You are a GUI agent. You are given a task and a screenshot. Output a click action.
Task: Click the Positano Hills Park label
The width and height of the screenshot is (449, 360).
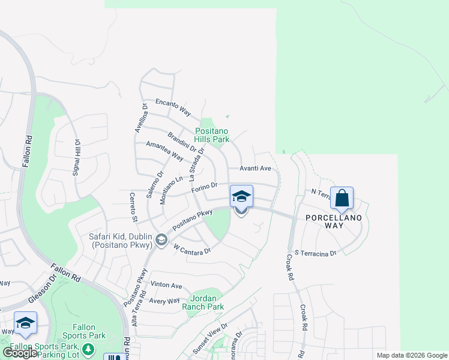[x=212, y=135]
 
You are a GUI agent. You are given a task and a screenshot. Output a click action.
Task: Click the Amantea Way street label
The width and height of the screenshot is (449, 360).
[x=164, y=150]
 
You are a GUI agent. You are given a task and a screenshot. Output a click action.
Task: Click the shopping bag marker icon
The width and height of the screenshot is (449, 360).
[x=342, y=197]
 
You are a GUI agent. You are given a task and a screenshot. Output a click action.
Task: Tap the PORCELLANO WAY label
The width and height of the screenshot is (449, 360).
[x=334, y=221]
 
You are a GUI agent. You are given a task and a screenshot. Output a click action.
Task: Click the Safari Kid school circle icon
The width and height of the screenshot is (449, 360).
[x=161, y=241]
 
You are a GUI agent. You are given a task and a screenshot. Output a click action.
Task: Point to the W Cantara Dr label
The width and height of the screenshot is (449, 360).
[x=192, y=249]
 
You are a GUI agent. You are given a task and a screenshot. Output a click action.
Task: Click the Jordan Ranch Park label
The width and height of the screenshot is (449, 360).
[x=207, y=302]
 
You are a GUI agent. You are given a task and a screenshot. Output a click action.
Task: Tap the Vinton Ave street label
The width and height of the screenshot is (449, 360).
[x=166, y=285]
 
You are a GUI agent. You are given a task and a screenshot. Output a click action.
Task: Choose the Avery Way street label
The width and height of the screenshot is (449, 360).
[x=165, y=301]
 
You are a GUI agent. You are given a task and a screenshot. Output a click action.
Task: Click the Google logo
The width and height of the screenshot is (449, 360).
[x=20, y=353]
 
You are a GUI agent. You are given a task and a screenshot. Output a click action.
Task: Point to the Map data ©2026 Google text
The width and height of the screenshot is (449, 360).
[x=412, y=355]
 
